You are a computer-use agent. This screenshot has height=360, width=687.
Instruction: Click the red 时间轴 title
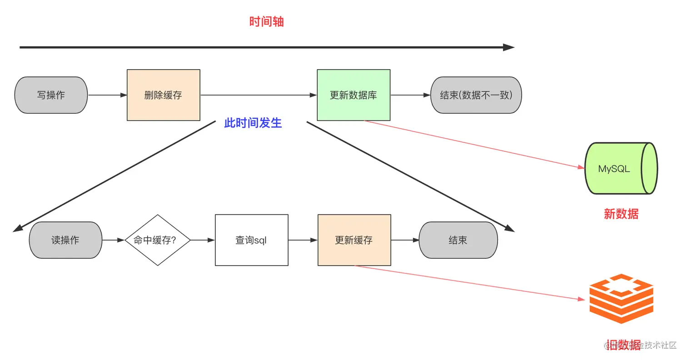click(x=266, y=22)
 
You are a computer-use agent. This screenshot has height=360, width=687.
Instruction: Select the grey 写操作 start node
click(x=51, y=95)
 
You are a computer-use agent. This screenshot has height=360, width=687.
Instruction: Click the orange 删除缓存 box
click(x=163, y=95)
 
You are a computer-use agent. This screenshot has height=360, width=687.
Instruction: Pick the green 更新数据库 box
click(x=353, y=95)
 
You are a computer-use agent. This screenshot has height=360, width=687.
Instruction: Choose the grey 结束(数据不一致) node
click(x=476, y=95)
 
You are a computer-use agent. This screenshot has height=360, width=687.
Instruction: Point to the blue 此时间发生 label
click(x=253, y=123)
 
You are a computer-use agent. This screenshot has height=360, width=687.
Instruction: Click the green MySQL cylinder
click(x=621, y=169)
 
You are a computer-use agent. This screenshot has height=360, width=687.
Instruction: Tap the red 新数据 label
click(x=621, y=214)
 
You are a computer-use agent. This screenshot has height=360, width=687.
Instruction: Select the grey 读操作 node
click(x=65, y=240)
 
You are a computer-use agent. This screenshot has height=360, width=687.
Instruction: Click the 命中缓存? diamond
click(x=157, y=240)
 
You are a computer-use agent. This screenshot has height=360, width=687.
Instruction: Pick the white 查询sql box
click(x=251, y=240)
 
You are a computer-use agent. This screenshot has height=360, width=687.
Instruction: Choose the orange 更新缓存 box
click(x=354, y=240)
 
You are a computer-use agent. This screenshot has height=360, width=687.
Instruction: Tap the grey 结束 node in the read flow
click(x=458, y=240)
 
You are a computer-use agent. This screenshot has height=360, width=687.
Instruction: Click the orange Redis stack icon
click(x=621, y=299)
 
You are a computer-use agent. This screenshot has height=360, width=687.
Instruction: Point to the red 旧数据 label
click(x=623, y=345)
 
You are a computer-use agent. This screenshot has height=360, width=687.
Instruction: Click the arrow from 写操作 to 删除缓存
click(x=107, y=95)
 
